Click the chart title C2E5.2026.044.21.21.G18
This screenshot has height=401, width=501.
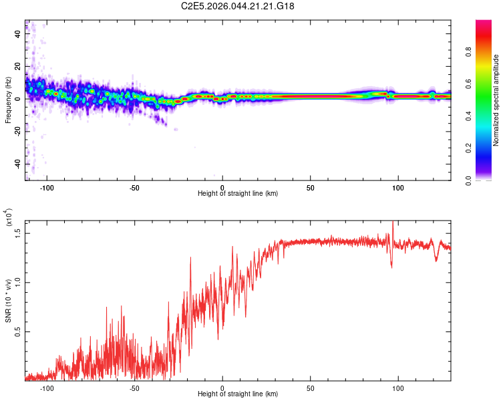[238, 6]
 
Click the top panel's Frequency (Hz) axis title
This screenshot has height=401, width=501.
[9, 100]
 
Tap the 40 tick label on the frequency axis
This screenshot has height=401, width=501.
[17, 35]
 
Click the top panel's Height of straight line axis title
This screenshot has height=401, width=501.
[238, 194]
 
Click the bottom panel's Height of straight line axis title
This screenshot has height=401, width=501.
[238, 394]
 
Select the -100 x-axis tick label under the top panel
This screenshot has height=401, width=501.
[47, 188]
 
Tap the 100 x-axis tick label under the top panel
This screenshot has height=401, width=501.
[398, 188]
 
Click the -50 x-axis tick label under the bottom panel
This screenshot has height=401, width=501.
[134, 388]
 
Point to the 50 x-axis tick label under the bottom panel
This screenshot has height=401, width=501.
[311, 388]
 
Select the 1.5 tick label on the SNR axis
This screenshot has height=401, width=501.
[17, 233]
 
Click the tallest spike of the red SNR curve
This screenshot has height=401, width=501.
[393, 223]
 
